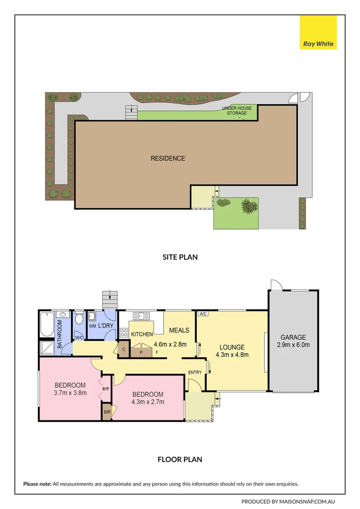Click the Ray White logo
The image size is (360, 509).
coord(319,33)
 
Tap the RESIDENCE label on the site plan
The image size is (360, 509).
coord(168,158)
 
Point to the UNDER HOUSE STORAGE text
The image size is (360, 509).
coord(237,111)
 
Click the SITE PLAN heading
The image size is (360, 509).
coord(180,257)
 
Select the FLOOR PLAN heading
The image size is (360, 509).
coord(180,459)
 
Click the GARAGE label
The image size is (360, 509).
coord(293,337)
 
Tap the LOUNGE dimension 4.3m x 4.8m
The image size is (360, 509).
coord(232,355)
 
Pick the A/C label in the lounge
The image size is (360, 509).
coord(203,314)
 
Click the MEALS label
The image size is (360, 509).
coord(179,330)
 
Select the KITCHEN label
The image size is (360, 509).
coord(142,334)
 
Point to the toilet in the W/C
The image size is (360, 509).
coord(80,319)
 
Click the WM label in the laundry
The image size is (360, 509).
coord(92,326)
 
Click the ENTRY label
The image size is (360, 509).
coord(195,372)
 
